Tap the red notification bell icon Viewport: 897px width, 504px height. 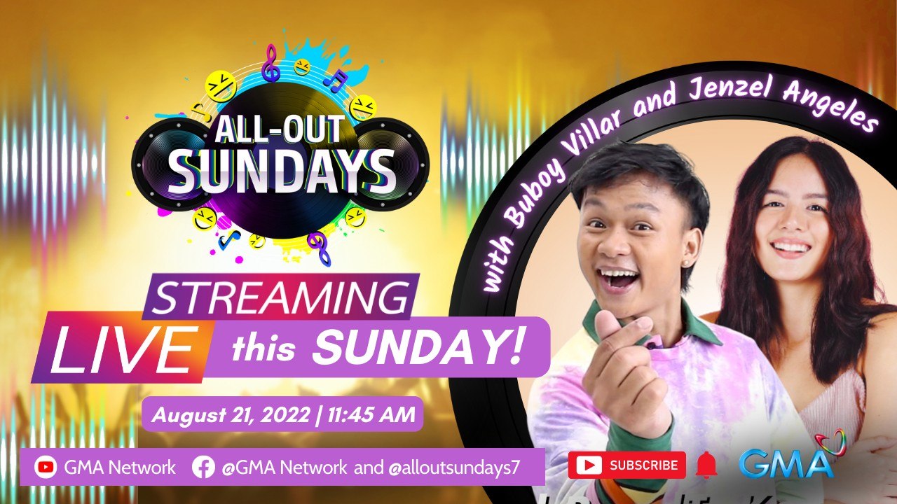tap(706, 465)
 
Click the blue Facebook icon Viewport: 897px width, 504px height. tap(203, 467)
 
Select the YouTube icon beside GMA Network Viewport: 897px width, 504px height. tap(46, 467)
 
